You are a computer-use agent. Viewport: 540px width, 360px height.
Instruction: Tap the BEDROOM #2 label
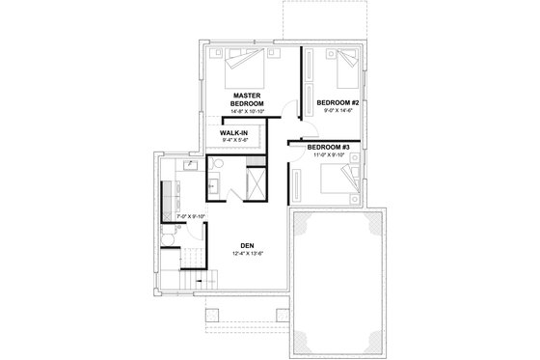click(337, 101)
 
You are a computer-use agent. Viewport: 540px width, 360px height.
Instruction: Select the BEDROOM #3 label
click(330, 147)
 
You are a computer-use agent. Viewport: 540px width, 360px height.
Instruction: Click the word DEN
click(248, 245)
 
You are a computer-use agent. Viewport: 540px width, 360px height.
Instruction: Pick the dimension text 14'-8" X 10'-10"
click(248, 112)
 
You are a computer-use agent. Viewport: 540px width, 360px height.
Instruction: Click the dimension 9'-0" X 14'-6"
click(337, 111)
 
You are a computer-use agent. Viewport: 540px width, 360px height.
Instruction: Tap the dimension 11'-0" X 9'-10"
click(330, 156)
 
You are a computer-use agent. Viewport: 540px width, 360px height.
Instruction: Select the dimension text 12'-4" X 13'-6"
click(248, 255)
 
